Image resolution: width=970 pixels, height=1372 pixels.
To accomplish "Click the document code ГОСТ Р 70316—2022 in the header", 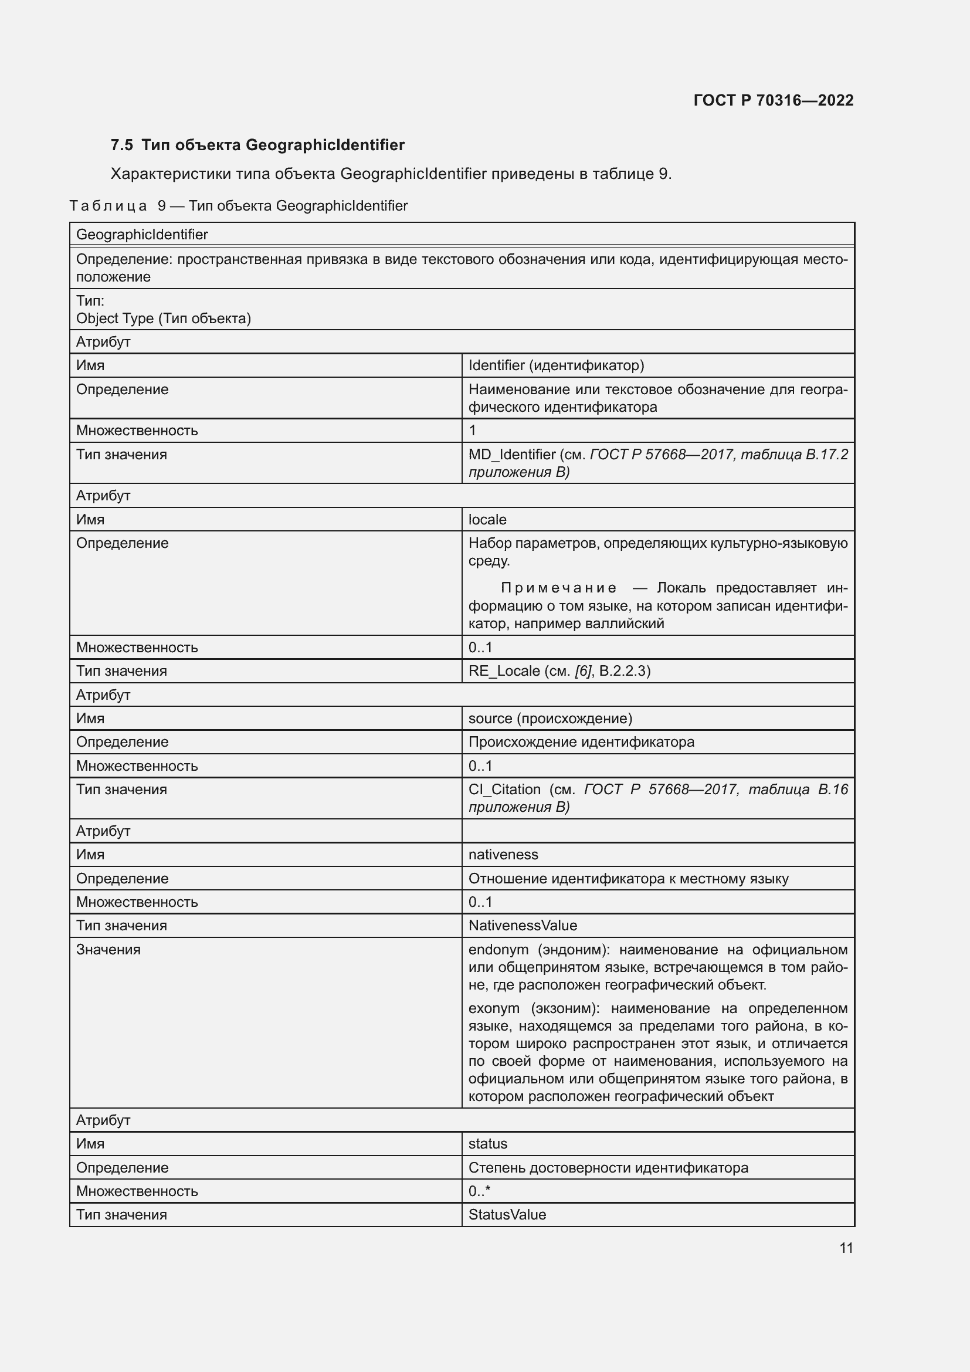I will [x=773, y=100].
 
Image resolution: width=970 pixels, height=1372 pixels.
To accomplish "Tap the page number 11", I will [x=846, y=1248].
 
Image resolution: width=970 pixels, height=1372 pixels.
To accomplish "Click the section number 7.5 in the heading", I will [x=122, y=145].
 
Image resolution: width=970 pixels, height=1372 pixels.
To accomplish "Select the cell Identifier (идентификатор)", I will [x=555, y=365].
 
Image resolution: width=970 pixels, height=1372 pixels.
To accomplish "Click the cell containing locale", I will [x=487, y=519].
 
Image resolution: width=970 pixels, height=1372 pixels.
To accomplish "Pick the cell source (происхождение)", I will [x=550, y=719].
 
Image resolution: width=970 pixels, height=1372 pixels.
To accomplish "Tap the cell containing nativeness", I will [x=503, y=855].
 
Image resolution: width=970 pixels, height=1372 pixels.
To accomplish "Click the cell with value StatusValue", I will [x=507, y=1214].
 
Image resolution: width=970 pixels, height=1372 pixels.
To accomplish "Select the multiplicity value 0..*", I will [x=479, y=1191].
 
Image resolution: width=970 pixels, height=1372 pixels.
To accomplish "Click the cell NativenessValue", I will [x=523, y=926].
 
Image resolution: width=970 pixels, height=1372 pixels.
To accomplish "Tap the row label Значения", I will [x=108, y=950].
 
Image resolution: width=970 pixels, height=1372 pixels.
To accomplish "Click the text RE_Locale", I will [x=504, y=671].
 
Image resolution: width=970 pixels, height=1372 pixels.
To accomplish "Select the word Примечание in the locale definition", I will [x=558, y=588].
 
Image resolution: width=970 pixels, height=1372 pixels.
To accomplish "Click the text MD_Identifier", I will [x=512, y=455].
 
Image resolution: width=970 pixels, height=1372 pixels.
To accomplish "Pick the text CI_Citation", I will [x=504, y=790].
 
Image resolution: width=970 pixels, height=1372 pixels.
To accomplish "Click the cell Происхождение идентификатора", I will [x=581, y=742].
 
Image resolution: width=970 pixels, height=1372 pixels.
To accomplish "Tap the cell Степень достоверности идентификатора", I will [x=608, y=1168].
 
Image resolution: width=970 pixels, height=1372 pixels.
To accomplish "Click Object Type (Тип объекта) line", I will [x=163, y=319].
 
